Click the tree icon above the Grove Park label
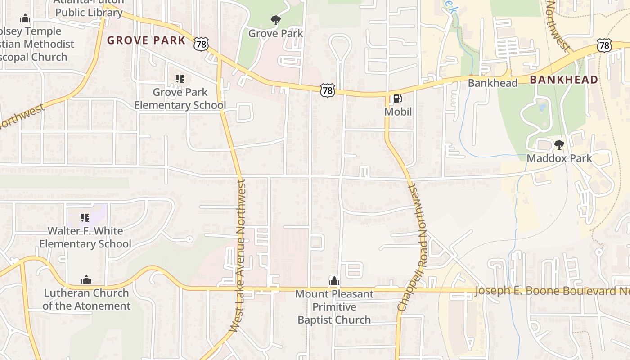click(x=276, y=20)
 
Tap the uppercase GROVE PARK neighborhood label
click(x=146, y=40)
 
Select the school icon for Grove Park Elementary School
click(x=180, y=79)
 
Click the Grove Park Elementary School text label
click(x=180, y=99)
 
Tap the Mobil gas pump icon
click(x=397, y=99)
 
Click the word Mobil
click(x=398, y=112)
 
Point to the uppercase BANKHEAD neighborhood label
click(x=564, y=80)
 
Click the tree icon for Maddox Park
click(x=559, y=145)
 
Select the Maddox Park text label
click(x=559, y=158)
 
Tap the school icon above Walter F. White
click(x=85, y=218)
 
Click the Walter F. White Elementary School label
click(x=85, y=237)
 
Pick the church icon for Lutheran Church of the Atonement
click(x=86, y=280)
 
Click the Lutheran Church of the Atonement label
click(x=86, y=299)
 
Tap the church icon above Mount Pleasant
click(x=333, y=281)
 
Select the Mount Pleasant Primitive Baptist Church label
click(x=334, y=307)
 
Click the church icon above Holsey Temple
click(x=25, y=18)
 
